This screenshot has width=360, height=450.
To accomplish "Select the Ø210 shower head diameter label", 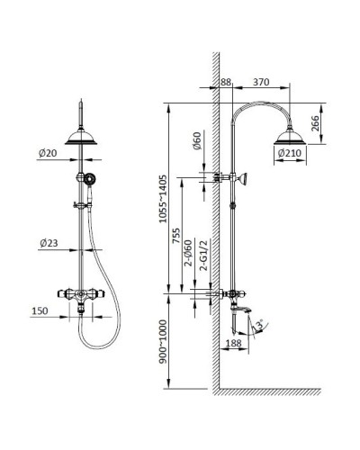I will click(290, 154).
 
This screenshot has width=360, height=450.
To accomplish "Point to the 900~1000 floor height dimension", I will click(162, 345).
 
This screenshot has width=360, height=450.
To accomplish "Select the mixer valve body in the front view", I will click(80, 294).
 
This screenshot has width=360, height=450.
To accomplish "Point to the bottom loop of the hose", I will click(87, 345).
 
